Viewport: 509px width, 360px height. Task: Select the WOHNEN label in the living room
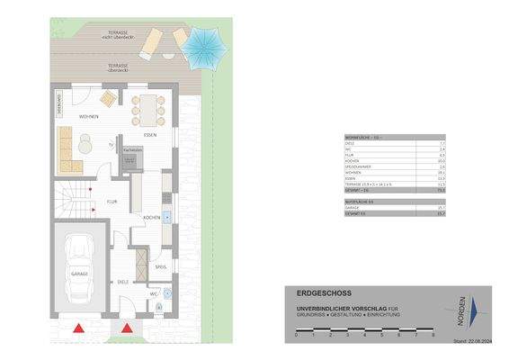(x=87, y=117)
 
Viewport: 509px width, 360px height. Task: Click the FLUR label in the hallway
(x=112, y=202)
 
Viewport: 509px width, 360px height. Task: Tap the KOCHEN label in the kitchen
(x=151, y=219)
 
